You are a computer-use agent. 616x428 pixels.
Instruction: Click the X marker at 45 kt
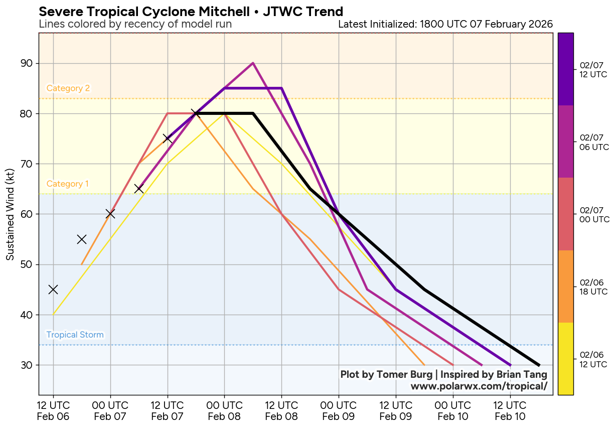point(53,290)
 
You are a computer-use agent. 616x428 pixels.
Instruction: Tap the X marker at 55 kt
point(82,239)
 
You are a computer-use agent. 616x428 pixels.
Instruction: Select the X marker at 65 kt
point(139,189)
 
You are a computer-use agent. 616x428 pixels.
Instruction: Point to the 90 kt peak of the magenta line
point(253,63)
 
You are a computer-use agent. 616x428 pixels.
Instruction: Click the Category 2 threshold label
point(68,88)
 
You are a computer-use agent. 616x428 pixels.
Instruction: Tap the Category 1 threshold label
point(68,184)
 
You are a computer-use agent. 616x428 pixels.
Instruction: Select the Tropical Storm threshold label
point(75,335)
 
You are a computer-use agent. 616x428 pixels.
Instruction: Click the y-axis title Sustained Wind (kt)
point(10,214)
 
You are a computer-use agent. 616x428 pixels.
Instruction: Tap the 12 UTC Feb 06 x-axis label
point(53,411)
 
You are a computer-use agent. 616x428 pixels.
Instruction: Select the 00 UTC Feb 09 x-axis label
point(339,411)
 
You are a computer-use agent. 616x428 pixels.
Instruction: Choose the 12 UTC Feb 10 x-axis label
point(510,411)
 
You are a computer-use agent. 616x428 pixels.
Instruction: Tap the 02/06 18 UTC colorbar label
point(594,287)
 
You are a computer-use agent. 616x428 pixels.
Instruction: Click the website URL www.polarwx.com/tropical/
point(479,386)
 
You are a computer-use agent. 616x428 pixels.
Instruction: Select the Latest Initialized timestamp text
point(445,24)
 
